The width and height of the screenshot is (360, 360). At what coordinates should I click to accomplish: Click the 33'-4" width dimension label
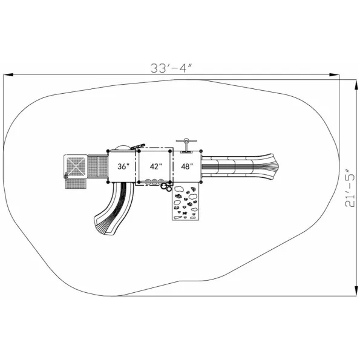(x=171, y=68)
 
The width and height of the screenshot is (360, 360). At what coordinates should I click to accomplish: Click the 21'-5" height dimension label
(x=350, y=188)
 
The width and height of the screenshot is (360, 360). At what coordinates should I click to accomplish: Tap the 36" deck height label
(x=123, y=166)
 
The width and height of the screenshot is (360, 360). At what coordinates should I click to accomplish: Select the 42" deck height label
(x=156, y=166)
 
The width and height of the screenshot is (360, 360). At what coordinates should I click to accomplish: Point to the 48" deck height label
(x=187, y=166)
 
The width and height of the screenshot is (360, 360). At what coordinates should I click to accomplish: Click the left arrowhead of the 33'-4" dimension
(x=8, y=75)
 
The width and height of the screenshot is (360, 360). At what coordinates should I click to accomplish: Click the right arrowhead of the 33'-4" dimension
(x=334, y=75)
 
